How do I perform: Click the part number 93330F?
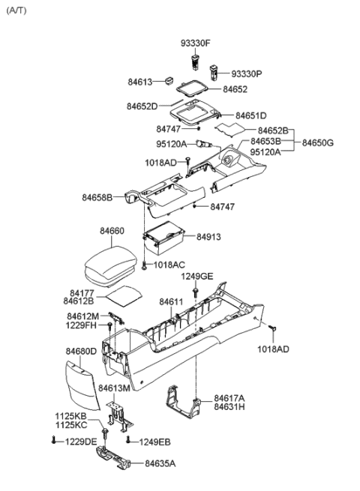tap(195, 42)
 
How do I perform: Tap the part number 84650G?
tap(318, 142)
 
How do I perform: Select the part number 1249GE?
tap(197, 277)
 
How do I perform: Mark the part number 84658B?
tap(97, 198)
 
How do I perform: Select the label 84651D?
tap(251, 116)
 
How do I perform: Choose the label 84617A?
tap(229, 398)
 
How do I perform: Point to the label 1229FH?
tap(82, 325)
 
